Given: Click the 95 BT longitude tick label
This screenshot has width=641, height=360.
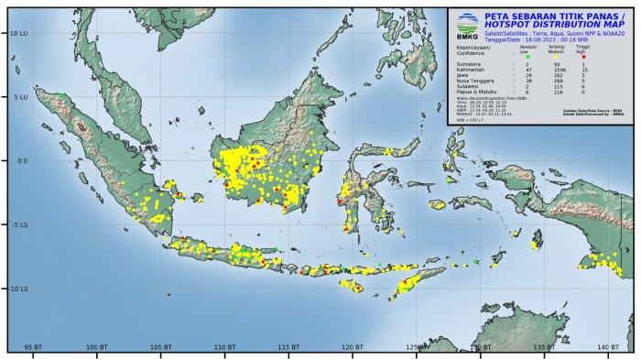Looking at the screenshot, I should (33, 347).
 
